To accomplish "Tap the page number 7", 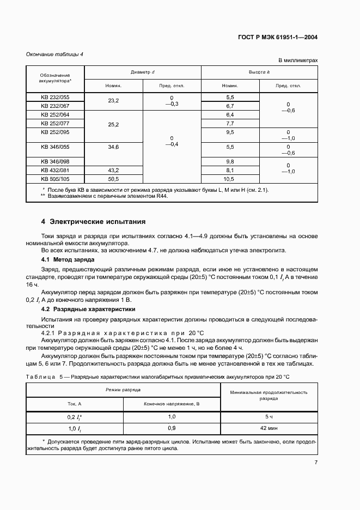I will tap(316, 463).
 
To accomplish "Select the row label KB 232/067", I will tap(55, 106).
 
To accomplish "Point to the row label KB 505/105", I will tap(55, 179).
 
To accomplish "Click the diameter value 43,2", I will tap(114, 170).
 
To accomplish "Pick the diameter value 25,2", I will tap(114, 124).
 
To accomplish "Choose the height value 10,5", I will tap(230, 179).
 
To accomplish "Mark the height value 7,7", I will tap(230, 124).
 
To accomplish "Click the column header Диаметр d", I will tap(142, 72).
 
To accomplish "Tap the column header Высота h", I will tap(259, 72).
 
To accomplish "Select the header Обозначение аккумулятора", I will tap(55, 78).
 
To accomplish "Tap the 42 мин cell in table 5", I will tap(269, 428).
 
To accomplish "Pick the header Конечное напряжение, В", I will tap(172, 404).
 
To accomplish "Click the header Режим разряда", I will tap(123, 390).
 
